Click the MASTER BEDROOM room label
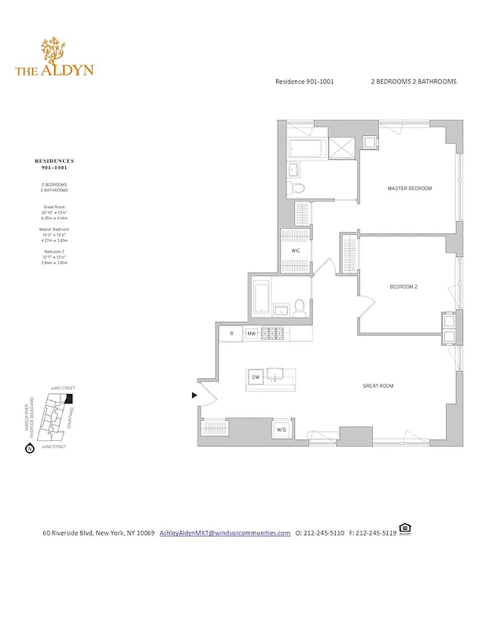[x=409, y=189]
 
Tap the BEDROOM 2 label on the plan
[x=403, y=287]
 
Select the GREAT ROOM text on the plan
[x=377, y=386]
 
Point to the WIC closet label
[x=296, y=251]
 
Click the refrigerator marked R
[x=231, y=334]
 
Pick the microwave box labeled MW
[x=252, y=334]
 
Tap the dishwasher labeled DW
[x=256, y=378]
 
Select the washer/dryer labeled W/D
[x=282, y=429]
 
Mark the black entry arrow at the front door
[x=195, y=395]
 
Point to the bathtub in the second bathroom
[x=262, y=296]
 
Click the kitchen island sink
[x=276, y=374]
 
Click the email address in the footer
[x=225, y=533]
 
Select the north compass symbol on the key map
[x=29, y=449]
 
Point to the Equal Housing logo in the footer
[x=405, y=529]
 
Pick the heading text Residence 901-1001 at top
[x=304, y=82]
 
